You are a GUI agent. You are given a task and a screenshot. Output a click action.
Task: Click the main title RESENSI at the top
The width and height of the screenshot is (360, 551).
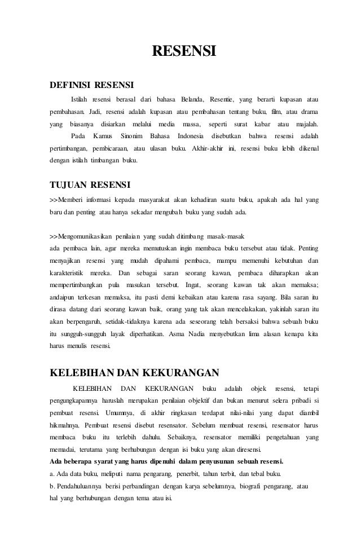pyautogui.click(x=185, y=53)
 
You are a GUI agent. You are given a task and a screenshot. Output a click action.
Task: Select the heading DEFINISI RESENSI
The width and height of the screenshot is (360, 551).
pyautogui.click(x=91, y=86)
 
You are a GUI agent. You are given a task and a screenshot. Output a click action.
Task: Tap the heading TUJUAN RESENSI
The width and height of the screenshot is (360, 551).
pyautogui.click(x=90, y=185)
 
